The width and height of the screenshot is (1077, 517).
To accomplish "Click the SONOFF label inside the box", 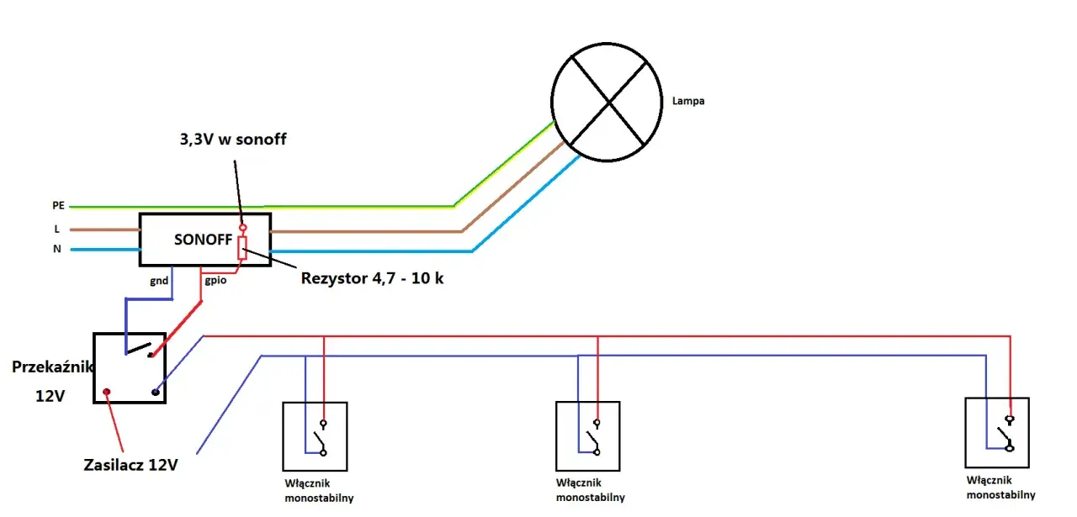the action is point(203,240).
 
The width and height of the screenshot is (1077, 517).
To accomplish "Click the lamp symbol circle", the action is point(552,103).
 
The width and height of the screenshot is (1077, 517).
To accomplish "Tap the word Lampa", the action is point(688,101).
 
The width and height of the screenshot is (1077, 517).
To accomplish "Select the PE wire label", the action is point(58,205).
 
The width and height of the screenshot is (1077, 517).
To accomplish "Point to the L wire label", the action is point(56,229).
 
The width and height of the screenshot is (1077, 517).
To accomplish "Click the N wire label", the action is point(56,249).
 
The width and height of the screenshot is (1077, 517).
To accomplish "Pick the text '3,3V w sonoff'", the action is point(233,140).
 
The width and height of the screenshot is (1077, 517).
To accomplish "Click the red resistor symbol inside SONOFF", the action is point(242,248).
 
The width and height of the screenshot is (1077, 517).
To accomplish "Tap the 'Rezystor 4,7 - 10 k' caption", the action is point(372,278).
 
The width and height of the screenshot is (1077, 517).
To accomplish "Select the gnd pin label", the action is point(159,281).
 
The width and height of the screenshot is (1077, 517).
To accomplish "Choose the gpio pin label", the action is point(215,280).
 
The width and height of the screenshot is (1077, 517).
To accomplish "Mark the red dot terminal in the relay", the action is point(107,392).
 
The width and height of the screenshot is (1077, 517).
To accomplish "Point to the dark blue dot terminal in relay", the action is point(156,392).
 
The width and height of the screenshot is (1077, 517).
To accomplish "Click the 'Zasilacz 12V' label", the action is point(130,465).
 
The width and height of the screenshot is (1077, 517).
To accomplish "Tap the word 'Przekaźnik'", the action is point(52,367).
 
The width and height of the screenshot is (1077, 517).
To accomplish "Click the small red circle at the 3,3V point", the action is point(243,227).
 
